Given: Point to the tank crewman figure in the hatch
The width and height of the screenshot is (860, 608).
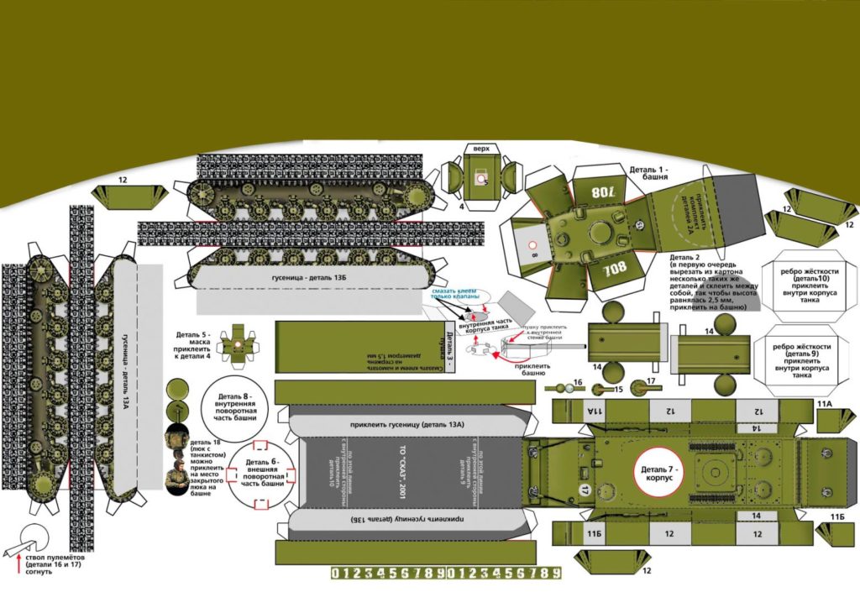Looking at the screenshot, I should click(177, 474).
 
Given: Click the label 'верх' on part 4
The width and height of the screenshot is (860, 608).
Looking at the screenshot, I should click(480, 149).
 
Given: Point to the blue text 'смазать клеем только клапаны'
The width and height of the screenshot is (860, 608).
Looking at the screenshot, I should click(457, 293).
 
